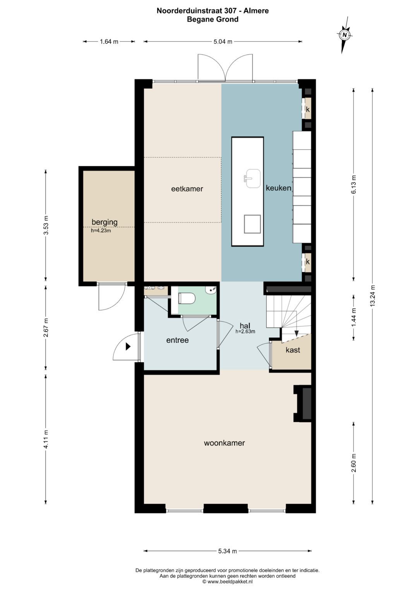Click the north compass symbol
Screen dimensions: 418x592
click(x=344, y=35)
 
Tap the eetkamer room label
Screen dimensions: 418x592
click(x=187, y=189)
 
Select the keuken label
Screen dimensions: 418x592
click(x=278, y=188)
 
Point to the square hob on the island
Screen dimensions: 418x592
click(x=252, y=224)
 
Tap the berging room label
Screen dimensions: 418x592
click(x=104, y=222)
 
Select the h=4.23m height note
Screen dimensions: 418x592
click(x=101, y=230)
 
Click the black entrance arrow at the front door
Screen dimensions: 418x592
click(x=128, y=346)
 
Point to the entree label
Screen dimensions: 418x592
click(x=177, y=340)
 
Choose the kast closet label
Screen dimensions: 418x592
click(x=293, y=350)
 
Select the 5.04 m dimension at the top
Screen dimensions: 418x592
click(x=223, y=41)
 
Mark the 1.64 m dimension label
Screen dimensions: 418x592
click(x=109, y=41)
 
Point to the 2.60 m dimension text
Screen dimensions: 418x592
click(x=354, y=463)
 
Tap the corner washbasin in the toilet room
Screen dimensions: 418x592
click(x=211, y=290)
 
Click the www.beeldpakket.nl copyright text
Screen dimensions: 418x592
click(x=228, y=582)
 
